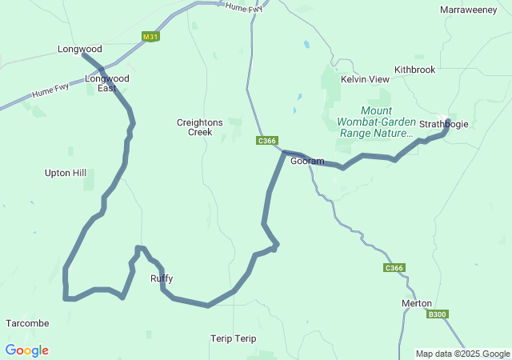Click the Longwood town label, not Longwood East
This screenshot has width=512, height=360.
click(80, 49)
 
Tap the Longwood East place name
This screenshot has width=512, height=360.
click(107, 83)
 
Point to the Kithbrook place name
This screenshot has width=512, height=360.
click(414, 70)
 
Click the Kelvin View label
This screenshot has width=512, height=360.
click(365, 79)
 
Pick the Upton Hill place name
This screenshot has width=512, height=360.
click(66, 172)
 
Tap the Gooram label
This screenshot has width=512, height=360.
click(307, 161)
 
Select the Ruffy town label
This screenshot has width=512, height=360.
click(162, 278)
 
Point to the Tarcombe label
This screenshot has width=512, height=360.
click(28, 323)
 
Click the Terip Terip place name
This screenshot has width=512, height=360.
click(234, 338)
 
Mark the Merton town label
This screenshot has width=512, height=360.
click(416, 303)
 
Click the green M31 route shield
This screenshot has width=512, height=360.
click(150, 37)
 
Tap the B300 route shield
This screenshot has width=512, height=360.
click(437, 314)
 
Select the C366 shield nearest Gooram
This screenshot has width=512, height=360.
click(267, 141)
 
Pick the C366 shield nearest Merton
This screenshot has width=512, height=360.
click(394, 268)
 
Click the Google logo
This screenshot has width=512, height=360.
click(27, 350)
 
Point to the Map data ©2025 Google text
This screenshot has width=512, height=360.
click(462, 354)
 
